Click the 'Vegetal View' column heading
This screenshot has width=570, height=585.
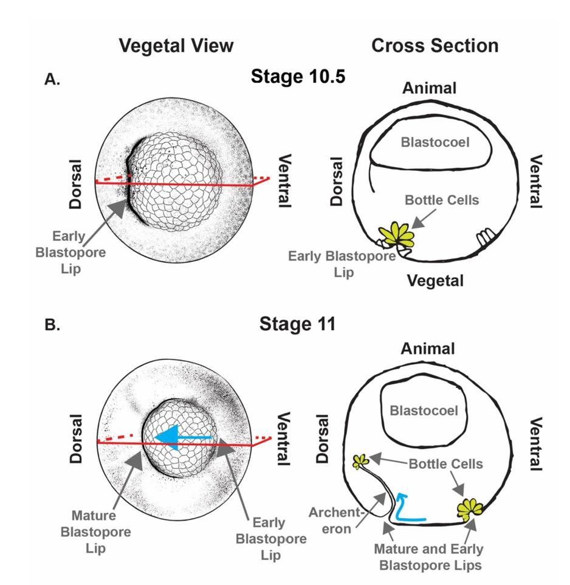tap(176, 46)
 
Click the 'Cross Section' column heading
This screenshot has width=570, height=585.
tap(434, 46)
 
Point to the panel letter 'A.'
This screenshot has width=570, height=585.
tap(52, 79)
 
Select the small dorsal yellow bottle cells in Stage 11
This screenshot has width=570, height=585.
tap(361, 461)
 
